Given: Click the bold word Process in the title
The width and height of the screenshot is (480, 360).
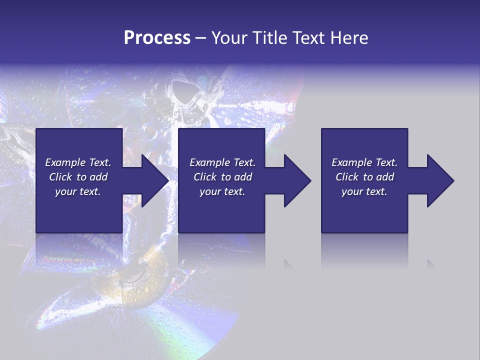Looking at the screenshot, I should (157, 38).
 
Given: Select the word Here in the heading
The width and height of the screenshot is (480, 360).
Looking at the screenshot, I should (348, 38).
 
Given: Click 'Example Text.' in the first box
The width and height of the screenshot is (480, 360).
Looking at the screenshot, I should (78, 162).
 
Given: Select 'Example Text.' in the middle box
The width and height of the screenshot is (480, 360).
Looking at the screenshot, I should (222, 162).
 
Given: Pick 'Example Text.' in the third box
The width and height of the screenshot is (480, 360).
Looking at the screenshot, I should (364, 162).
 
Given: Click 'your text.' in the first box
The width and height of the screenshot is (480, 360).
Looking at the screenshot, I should (78, 192).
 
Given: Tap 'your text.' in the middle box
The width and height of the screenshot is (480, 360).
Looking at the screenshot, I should (222, 192).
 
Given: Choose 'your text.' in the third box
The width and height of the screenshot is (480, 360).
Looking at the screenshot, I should (364, 192).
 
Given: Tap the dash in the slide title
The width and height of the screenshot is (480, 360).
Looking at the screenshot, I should (200, 38).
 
